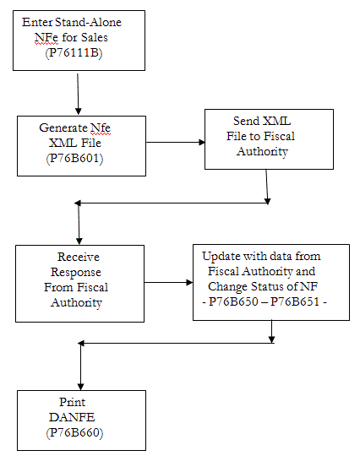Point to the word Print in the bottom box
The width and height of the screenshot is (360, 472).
72,402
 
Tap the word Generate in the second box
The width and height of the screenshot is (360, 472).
62,127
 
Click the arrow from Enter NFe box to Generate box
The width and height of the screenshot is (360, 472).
78,93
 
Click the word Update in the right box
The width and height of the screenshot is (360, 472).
221,255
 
